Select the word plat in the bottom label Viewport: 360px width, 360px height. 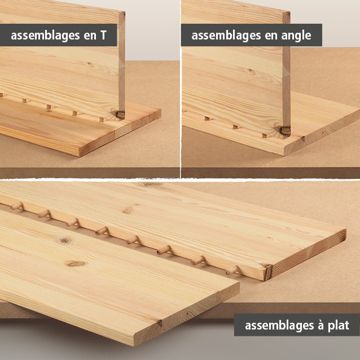[x=336, y=326]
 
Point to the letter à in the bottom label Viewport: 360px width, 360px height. [x=313, y=326]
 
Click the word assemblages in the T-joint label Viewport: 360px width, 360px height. [x=46, y=36]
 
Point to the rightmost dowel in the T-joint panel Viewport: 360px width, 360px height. [x=101, y=120]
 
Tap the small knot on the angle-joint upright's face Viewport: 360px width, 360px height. [x=250, y=72]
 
